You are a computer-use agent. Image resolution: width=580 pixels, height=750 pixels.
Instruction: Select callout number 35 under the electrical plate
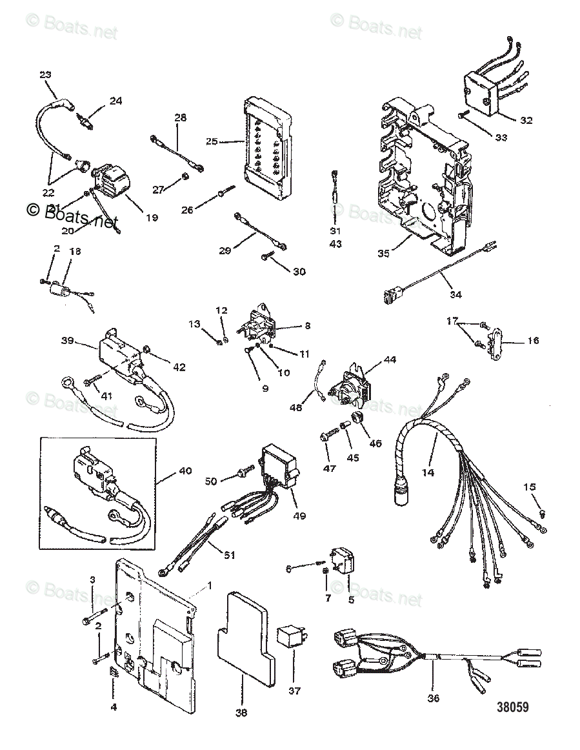383,254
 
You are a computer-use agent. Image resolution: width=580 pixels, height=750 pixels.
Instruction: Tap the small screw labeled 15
543,513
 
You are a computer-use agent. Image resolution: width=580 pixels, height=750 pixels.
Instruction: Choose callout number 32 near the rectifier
526,120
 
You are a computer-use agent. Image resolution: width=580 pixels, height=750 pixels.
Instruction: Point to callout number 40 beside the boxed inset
185,471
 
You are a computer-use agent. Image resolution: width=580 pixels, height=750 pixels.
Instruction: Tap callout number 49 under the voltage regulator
298,515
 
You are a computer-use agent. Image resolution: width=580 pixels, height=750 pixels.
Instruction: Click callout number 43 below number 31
335,244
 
